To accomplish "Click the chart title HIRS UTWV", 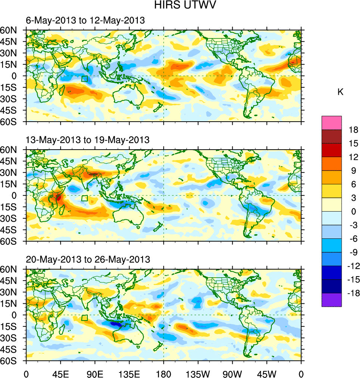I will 180,5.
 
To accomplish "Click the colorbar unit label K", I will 340,92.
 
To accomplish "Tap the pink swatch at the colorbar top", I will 331,122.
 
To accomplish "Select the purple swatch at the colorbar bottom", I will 331,300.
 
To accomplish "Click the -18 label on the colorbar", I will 352,293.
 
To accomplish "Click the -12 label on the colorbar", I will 352,266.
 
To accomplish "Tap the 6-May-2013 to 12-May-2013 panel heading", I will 85,21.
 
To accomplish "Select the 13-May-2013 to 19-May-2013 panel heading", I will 87,140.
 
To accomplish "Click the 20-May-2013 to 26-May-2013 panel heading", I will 88,259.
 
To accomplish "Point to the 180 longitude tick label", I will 164,374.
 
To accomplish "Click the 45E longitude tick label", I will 60,374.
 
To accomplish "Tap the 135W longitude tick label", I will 198,374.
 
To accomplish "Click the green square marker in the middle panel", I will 84,198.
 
